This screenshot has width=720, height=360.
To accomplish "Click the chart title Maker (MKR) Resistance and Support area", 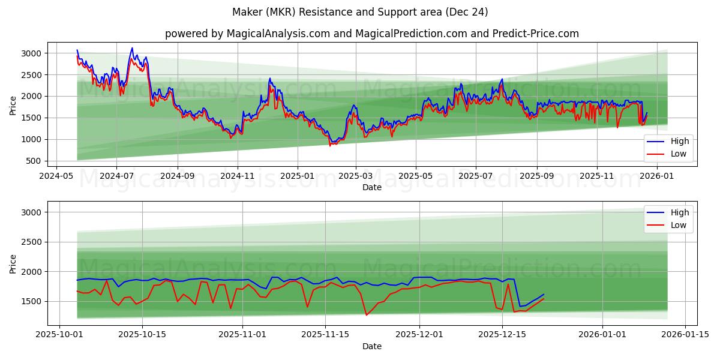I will pos(359,12).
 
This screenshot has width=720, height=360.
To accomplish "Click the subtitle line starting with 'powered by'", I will pos(372,34).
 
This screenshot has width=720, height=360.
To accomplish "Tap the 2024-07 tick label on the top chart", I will pos(116,176).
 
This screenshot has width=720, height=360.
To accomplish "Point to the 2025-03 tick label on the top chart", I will pos(356,176).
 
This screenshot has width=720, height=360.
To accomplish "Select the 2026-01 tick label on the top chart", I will pos(656,176).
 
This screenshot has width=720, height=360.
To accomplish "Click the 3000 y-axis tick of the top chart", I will pos(31,53).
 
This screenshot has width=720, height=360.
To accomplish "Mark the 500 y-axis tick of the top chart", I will pos(34,161).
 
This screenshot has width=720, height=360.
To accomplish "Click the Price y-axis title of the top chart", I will pos(13,105).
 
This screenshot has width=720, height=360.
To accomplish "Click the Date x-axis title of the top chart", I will pos(372,187).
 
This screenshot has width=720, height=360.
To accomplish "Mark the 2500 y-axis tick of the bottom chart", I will pos(31,242).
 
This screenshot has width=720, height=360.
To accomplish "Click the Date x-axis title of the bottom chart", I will pos(372,346).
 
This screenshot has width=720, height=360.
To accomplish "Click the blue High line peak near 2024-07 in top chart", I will pos(132,48).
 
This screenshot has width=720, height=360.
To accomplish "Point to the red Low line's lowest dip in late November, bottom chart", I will pos(366,315).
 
